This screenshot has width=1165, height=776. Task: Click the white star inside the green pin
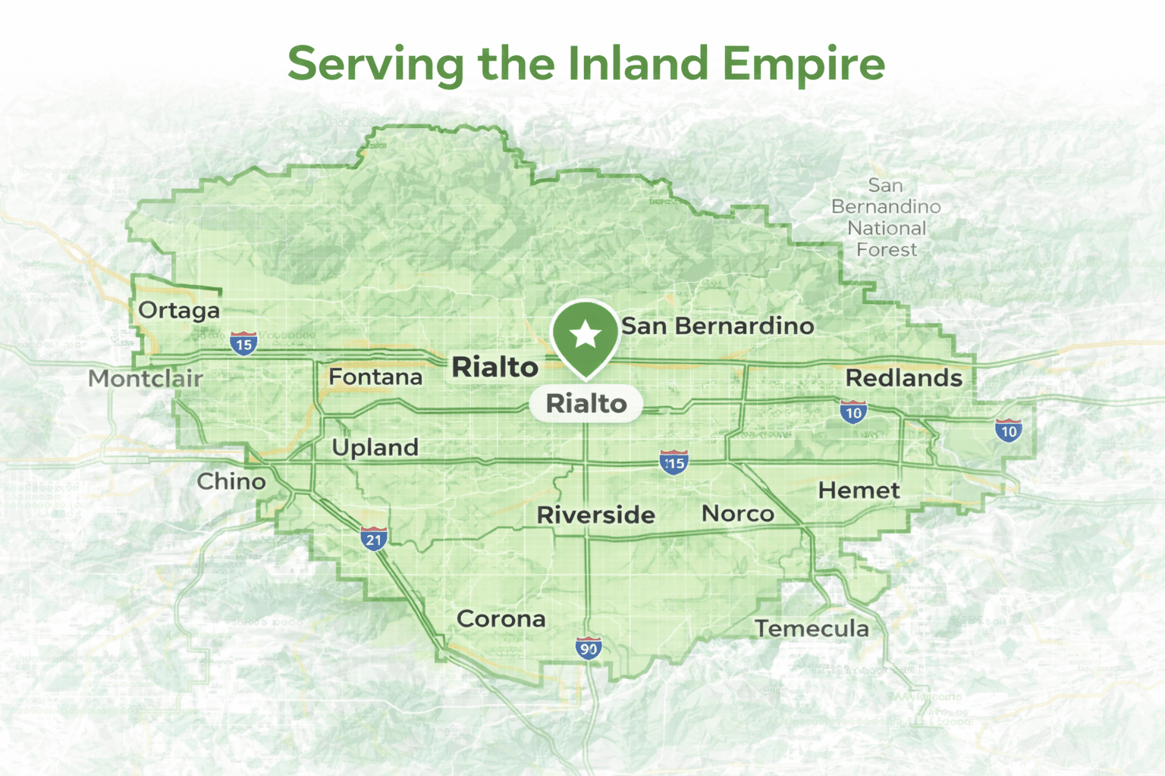[586, 334]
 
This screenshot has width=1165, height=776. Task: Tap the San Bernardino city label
[718, 327]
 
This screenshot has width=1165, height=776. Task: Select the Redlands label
[903, 377]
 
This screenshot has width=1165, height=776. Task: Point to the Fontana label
[375, 377]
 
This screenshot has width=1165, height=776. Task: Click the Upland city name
[375, 448]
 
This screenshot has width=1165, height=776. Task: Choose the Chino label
[231, 481]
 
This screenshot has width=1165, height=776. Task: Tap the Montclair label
[146, 378]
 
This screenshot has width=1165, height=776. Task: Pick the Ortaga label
[179, 310]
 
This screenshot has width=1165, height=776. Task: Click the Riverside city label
[595, 515]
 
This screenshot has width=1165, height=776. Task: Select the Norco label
[737, 514]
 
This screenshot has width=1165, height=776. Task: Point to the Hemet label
[859, 490]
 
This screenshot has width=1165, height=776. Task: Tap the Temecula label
[812, 628]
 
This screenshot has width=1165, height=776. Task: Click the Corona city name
[501, 619]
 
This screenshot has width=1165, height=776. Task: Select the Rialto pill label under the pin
[586, 403]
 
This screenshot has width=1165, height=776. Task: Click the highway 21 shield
[374, 539]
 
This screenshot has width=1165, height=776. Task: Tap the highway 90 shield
[589, 648]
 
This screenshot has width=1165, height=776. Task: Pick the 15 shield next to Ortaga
[243, 343]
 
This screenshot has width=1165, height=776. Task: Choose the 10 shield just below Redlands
[853, 412]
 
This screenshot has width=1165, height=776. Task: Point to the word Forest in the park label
[886, 249]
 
